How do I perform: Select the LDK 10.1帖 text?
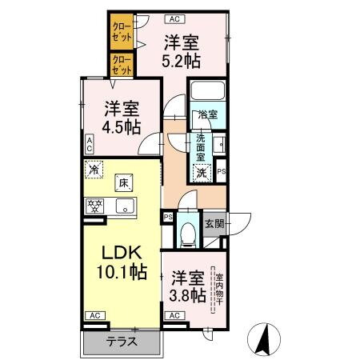pyautogui.click(x=118, y=261)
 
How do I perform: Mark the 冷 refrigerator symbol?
pyautogui.click(x=94, y=170)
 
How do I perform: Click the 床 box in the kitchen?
pyautogui.click(x=124, y=184)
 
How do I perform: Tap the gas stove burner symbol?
pyautogui.click(x=96, y=206)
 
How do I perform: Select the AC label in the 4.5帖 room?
pyautogui.click(x=90, y=145)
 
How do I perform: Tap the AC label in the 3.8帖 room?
pyautogui.click(x=174, y=315)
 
